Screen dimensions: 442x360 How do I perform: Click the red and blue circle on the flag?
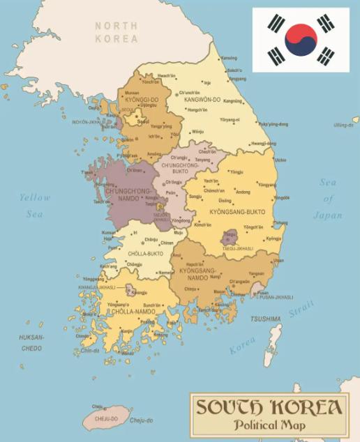tap(301, 39)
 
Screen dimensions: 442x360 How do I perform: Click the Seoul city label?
tap(143, 121)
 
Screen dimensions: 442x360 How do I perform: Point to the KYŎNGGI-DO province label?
tap(142, 99)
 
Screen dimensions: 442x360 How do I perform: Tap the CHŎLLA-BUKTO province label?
tap(145, 253)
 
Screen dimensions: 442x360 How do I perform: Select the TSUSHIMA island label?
tap(265, 319)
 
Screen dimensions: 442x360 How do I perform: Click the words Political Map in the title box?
tap(269, 424)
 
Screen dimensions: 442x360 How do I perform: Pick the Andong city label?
tap(243, 192)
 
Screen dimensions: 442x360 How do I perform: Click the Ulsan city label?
tap(278, 260)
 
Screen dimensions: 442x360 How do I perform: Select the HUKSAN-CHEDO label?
tap(31, 342)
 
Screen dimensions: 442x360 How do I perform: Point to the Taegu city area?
tap(229, 238)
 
